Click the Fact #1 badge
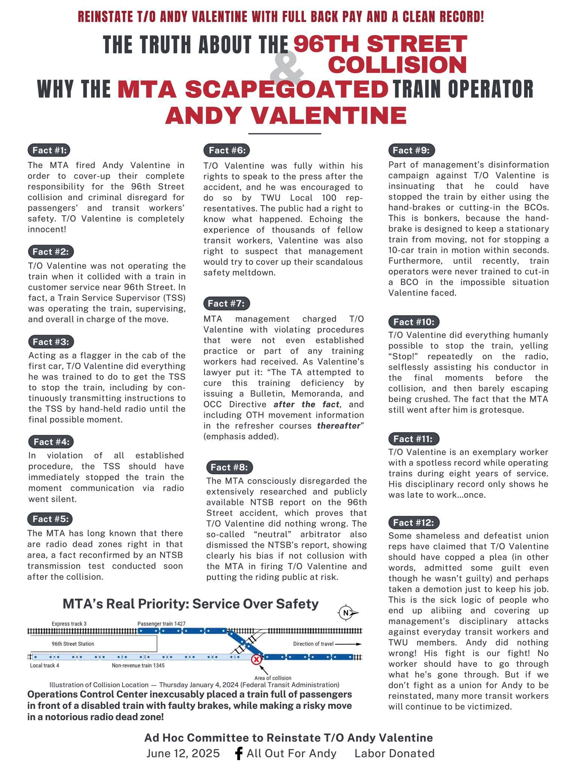49,150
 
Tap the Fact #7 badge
227,303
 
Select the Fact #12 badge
413,522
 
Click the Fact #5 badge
50,519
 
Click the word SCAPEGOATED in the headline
252,89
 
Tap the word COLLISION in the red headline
397,65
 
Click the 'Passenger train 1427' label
161,624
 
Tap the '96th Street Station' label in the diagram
73,644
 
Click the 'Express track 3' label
69,624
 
